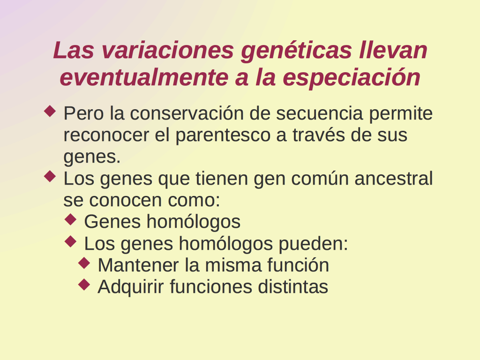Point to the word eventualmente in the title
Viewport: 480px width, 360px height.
coord(144,77)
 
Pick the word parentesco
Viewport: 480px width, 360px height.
coord(223,135)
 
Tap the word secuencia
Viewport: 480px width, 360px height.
coord(320,113)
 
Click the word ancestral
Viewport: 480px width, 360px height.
coord(394,179)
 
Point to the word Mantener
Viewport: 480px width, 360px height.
coord(138,265)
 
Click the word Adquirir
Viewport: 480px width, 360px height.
coord(131,287)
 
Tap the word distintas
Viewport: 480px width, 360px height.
coord(293,287)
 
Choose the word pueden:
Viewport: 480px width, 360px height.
coord(313,244)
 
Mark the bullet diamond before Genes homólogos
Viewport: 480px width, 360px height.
coord(71,219)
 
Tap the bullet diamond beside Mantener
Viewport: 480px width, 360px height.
coord(84,263)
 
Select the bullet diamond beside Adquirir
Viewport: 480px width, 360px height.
coord(84,285)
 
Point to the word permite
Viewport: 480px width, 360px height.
coord(401,114)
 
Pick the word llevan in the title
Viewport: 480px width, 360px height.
coord(393,51)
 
